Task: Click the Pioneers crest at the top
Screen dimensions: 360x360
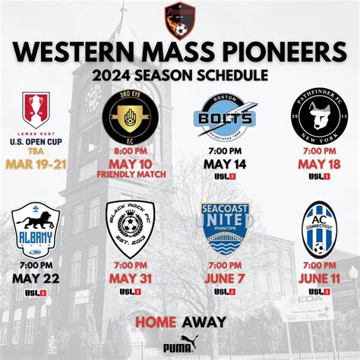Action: [180, 20]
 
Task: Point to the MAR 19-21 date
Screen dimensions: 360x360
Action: [35, 163]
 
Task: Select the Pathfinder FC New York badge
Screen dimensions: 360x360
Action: [317, 118]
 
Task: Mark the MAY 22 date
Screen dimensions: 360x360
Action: [35, 277]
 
